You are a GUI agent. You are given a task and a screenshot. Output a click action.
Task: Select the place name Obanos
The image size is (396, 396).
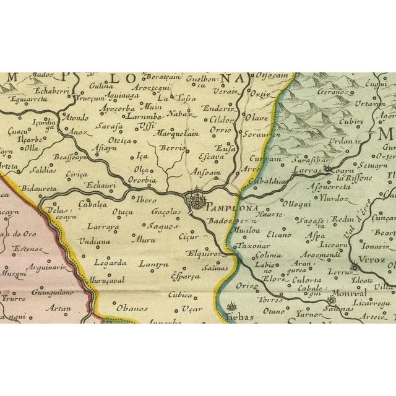(x=131, y=307)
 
